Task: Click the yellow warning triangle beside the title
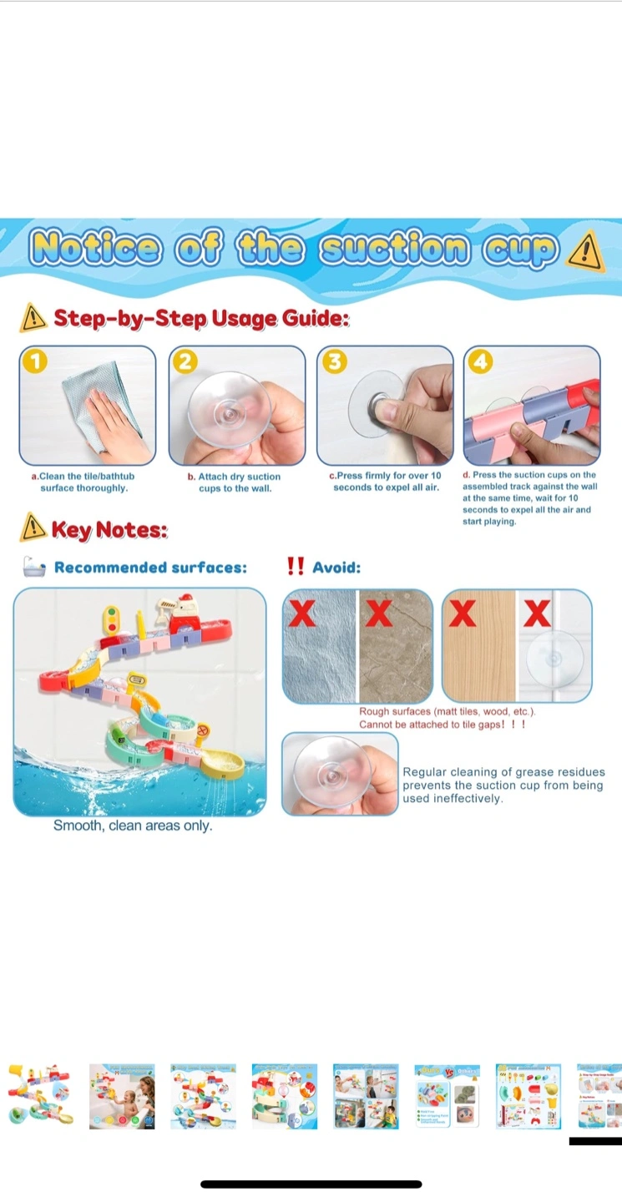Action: [586, 251]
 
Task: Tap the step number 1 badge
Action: [35, 361]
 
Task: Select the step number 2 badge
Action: [185, 361]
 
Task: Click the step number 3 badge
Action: [334, 361]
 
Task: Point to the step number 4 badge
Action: [481, 361]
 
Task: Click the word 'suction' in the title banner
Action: [394, 249]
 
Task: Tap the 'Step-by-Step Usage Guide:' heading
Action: [201, 318]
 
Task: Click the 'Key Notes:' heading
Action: [109, 529]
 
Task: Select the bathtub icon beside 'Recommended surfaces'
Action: [33, 567]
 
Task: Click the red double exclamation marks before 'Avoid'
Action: [296, 566]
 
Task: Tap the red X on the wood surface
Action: [462, 613]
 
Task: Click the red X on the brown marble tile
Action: [379, 613]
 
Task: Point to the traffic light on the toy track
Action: [112, 619]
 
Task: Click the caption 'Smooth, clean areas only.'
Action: [133, 826]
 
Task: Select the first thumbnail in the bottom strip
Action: [41, 1096]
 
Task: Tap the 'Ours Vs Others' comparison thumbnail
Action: [447, 1096]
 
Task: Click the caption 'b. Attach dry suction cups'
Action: [235, 482]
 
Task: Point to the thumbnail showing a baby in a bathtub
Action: [122, 1096]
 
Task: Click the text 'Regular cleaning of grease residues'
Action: [504, 771]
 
